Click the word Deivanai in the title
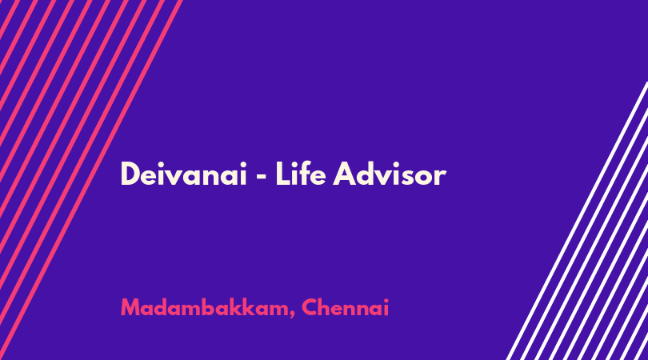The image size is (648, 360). coord(183,174)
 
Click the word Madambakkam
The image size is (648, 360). coord(205,307)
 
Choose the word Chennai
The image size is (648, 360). coord(346,307)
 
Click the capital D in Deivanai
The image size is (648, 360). coord(130,174)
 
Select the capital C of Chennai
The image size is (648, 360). coord(310,308)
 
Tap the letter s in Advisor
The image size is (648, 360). coord(409,178)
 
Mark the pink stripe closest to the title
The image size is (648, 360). coord(91,179)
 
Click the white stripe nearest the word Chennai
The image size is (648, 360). coord(577,221)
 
